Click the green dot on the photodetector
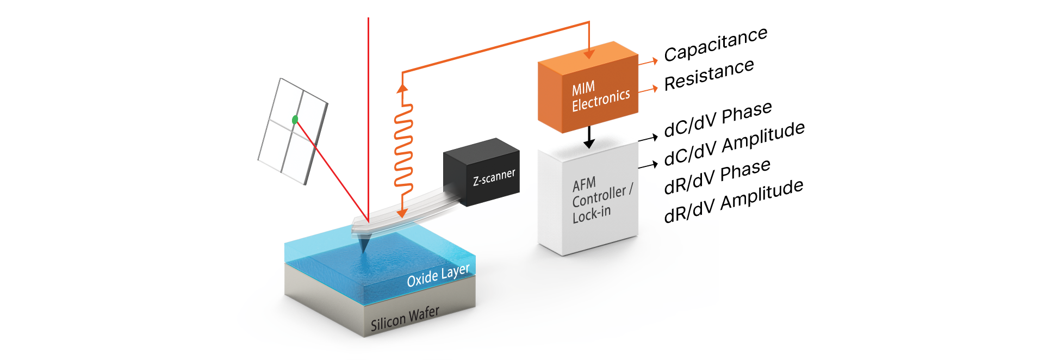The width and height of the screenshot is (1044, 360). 295,120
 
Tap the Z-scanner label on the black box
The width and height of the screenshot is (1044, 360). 494,177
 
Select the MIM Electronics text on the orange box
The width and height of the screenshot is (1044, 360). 600,96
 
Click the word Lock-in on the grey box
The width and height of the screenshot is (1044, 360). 592,214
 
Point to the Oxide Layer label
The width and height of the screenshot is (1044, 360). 438,276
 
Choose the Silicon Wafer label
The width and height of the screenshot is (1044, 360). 405,318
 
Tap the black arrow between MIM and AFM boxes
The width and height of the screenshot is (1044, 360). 589,138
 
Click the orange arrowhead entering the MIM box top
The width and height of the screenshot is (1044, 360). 589,54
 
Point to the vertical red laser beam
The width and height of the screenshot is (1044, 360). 368,109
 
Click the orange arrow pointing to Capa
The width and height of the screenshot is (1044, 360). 649,62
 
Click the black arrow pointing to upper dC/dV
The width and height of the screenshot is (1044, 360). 648,139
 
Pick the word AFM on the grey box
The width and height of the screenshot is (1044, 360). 585,184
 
